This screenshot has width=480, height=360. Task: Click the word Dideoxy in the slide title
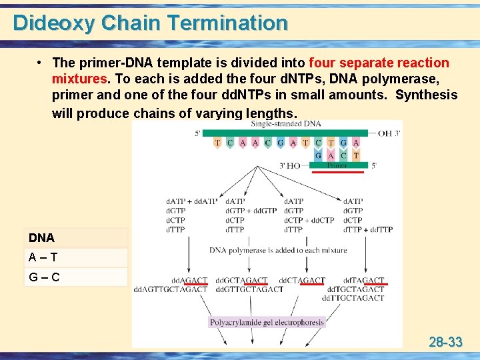(54, 23)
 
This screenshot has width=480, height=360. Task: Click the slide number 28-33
(445, 343)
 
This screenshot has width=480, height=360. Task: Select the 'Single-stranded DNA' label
(285, 124)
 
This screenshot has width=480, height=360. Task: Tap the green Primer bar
(337, 165)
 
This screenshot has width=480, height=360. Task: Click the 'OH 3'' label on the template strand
(389, 133)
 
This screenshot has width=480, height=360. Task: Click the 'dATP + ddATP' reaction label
(192, 201)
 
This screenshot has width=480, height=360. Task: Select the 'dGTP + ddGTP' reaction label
(251, 211)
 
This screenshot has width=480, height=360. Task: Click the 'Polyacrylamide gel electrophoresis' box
(267, 323)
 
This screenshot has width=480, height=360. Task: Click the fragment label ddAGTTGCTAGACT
(170, 290)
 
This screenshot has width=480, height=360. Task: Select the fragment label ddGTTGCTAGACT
(251, 290)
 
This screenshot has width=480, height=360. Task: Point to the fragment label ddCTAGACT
(302, 281)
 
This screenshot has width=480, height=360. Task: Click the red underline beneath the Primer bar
(339, 172)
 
